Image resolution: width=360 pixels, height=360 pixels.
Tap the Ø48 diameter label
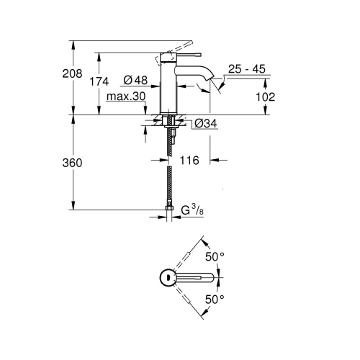(x=135, y=81)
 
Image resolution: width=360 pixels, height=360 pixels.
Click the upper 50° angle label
(x=217, y=256)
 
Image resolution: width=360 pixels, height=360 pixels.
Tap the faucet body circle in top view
(x=166, y=277)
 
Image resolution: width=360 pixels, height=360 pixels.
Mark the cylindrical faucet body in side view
(x=170, y=86)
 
